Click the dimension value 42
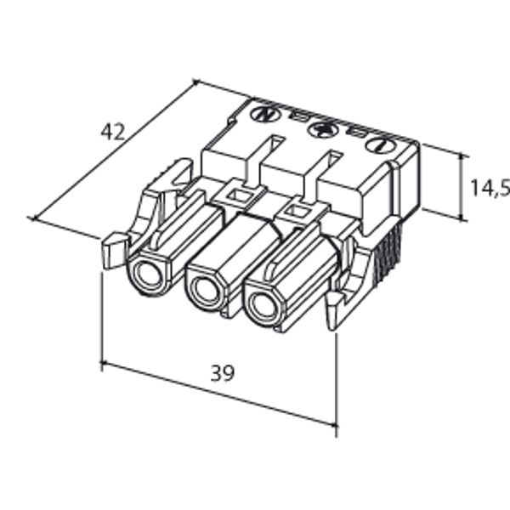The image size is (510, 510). [x=112, y=132]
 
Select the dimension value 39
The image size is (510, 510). [x=223, y=372]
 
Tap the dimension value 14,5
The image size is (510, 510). [x=490, y=188]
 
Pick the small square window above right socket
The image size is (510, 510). [x=297, y=208]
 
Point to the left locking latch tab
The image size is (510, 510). [x=110, y=250]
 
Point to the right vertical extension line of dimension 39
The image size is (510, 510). [x=337, y=382]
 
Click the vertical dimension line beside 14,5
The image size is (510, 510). [x=463, y=188]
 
